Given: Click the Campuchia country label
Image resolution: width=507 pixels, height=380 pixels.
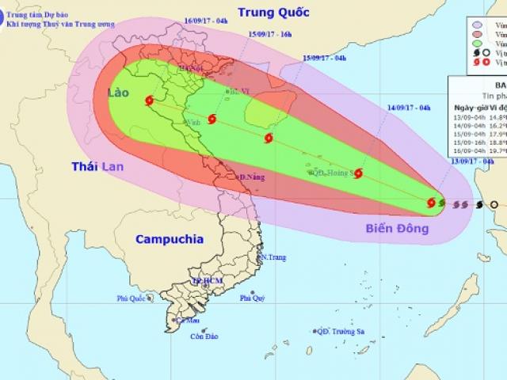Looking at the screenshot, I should tap(169, 238).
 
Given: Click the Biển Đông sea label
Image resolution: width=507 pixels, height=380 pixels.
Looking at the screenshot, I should tap(396, 229).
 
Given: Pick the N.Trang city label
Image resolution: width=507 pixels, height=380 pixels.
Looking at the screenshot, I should tap(272, 258).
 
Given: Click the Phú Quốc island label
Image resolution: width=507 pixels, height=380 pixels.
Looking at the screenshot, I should tap(133, 298).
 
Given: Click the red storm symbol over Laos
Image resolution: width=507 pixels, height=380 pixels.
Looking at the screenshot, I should tap(151, 101).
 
